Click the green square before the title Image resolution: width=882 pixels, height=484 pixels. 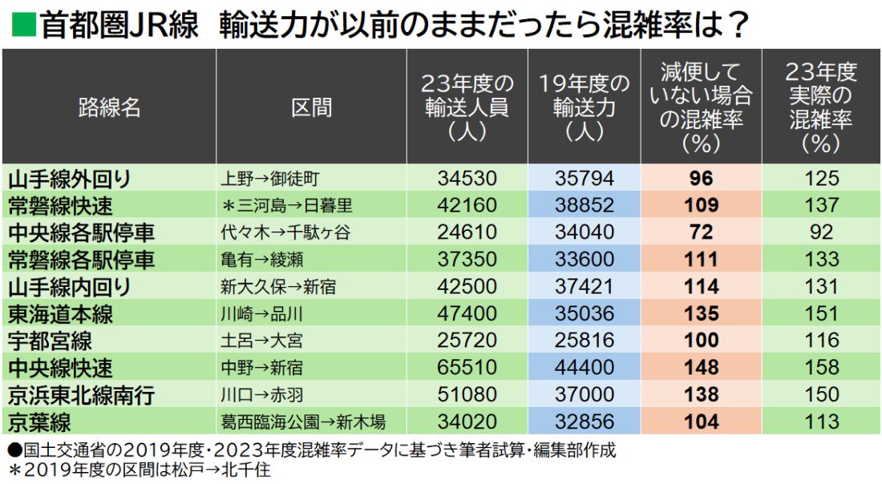point(22,26)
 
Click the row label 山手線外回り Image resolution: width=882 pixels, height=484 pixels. point(69,178)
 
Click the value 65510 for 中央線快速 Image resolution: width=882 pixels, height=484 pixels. point(467,368)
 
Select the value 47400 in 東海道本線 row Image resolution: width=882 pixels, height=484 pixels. point(467,313)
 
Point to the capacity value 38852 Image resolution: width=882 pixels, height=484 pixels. point(584,205)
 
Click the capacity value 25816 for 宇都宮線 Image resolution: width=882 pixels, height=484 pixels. point(584,341)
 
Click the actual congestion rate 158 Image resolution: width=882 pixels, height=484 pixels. point(822,368)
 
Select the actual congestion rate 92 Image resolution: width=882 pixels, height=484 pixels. point(822,232)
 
